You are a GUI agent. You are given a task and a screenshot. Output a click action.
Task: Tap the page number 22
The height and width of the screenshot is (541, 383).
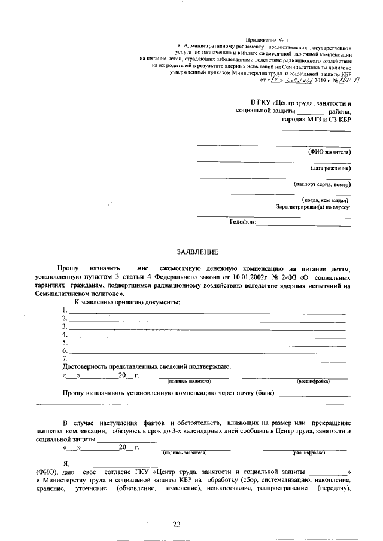(x=177, y=524)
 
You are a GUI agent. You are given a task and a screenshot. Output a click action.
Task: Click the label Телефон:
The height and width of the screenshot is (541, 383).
(x=242, y=222)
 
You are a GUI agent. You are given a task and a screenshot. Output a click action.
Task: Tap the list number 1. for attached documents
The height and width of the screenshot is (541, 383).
(x=65, y=311)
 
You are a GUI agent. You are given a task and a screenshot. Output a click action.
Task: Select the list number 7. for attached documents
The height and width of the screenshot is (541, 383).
(x=65, y=358)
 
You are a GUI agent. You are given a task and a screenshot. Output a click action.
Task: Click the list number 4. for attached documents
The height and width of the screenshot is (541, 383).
(x=65, y=334)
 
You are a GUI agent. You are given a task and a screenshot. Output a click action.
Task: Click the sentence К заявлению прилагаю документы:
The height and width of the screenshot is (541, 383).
(x=127, y=302)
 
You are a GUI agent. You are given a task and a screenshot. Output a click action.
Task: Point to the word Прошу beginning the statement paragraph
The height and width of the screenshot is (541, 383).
(x=67, y=270)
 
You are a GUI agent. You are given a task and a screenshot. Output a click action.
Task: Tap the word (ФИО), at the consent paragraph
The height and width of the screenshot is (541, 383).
(x=46, y=473)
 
